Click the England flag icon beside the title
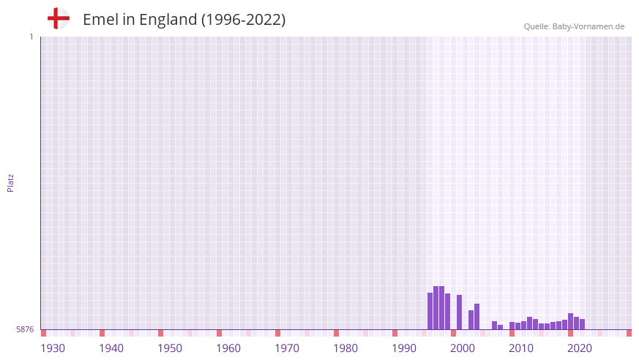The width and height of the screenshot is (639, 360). pos(59,19)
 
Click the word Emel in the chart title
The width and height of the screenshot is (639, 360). pos(100,20)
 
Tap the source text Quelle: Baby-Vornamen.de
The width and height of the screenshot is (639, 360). pos(574,26)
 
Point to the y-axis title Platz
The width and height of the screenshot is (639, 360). pos(10,182)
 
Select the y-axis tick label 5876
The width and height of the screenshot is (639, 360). pos(25,330)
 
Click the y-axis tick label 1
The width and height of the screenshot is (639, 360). pos(31,37)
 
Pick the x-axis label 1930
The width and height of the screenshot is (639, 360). pos(53,348)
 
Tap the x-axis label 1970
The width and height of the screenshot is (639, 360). pos(287,348)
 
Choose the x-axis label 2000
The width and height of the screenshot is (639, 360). pos(463,348)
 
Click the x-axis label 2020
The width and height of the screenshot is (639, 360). pos(580,348)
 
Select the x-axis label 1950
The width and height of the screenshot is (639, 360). pos(170,348)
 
